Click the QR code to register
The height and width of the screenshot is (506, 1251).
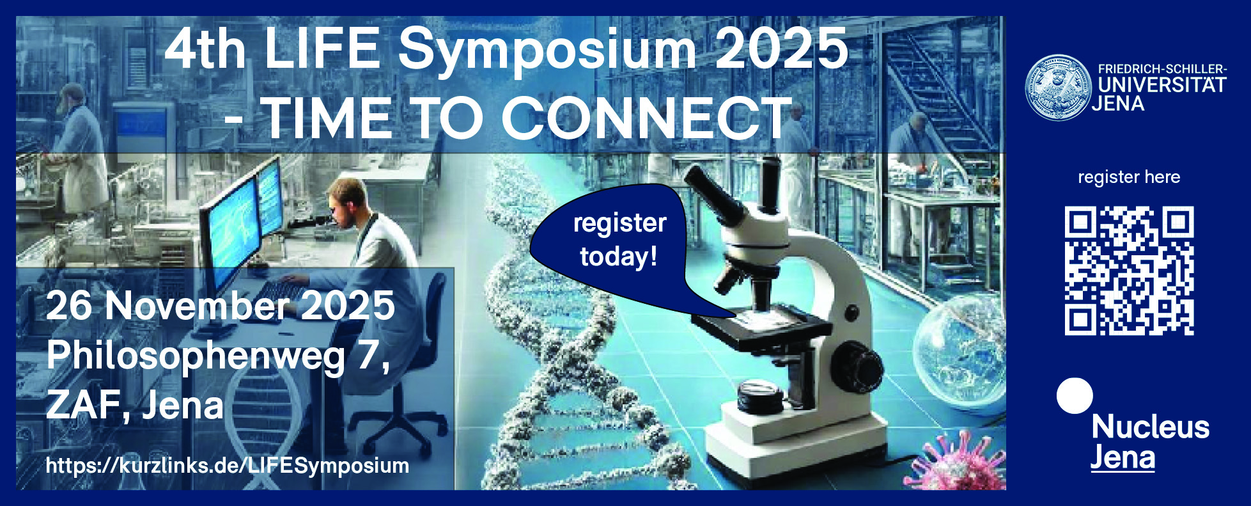click(x=1129, y=271)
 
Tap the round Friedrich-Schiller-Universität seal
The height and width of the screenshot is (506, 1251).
click(x=1058, y=88)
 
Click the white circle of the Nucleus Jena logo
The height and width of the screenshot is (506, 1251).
click(x=1075, y=395)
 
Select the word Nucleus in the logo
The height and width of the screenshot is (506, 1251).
click(x=1150, y=427)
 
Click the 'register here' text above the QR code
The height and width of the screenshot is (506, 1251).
click(x=1129, y=177)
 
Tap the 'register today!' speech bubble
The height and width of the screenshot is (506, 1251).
click(x=614, y=240)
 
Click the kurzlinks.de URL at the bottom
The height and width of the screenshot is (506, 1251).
click(x=228, y=466)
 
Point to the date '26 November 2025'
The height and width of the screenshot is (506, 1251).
click(x=221, y=306)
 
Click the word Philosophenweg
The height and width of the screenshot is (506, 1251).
click(x=195, y=356)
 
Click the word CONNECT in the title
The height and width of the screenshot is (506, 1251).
click(x=646, y=119)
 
